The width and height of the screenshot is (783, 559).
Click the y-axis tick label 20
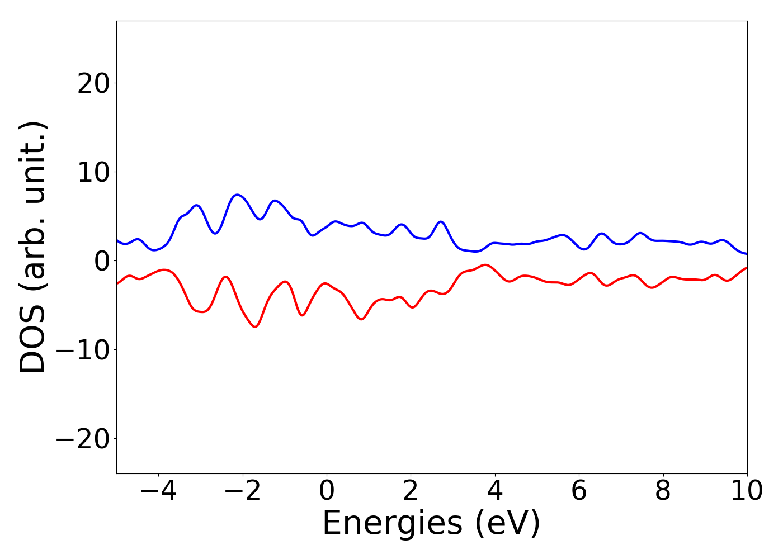[x=93, y=84]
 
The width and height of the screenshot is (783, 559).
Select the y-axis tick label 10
[x=93, y=173]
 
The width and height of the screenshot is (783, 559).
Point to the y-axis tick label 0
[x=101, y=262]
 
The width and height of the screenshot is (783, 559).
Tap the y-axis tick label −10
[x=84, y=350]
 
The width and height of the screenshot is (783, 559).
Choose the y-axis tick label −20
[x=84, y=439]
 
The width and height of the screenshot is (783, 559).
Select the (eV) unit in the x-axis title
[x=508, y=524]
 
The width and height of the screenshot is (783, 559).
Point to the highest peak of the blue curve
[x=238, y=195]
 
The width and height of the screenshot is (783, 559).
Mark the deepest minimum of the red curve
[x=256, y=326]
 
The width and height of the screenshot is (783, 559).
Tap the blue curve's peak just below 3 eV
[x=441, y=222]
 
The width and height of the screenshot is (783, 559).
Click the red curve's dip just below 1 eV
[x=361, y=319]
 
